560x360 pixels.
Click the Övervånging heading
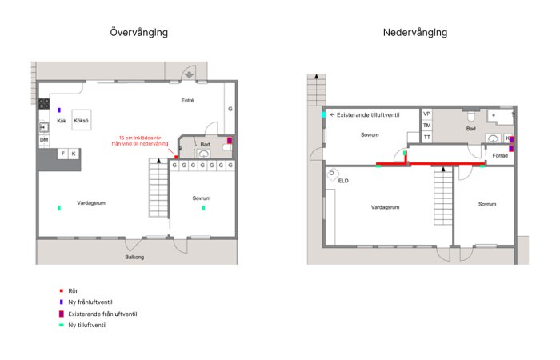pyautogui.click(x=139, y=33)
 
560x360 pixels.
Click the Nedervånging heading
pyautogui.click(x=415, y=33)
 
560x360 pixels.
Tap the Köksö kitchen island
pyautogui.click(x=81, y=120)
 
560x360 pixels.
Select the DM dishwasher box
pyautogui.click(x=44, y=140)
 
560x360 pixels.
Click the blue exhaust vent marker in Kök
pyautogui.click(x=59, y=110)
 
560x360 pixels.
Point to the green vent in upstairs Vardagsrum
pyautogui.click(x=59, y=208)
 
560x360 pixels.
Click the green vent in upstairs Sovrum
pyautogui.click(x=203, y=208)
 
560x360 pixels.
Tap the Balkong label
pyautogui.click(x=134, y=257)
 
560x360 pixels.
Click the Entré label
pyautogui.click(x=187, y=100)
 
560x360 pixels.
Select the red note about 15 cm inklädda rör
pyautogui.click(x=140, y=140)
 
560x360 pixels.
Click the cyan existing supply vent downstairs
pyautogui.click(x=324, y=115)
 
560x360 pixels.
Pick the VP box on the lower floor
pyautogui.click(x=426, y=114)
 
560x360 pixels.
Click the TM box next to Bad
pyautogui.click(x=426, y=126)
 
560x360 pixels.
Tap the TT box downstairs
pyautogui.click(x=426, y=137)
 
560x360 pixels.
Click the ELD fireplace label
pyautogui.click(x=343, y=181)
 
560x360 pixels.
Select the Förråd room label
pyautogui.click(x=500, y=156)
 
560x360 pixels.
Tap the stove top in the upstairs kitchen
pyautogui.click(x=44, y=104)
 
